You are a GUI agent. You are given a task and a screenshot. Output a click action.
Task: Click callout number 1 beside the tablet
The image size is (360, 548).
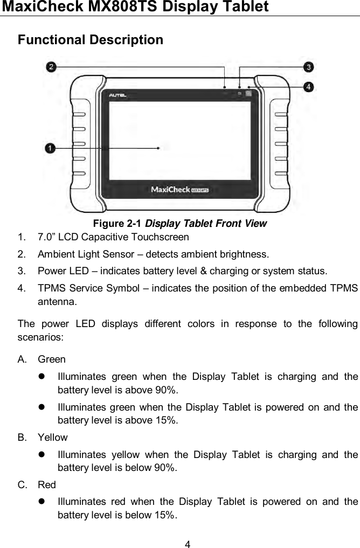point(50,147)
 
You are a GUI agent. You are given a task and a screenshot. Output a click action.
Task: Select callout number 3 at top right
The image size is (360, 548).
point(308,67)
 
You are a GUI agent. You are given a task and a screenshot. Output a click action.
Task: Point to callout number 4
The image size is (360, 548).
point(308,86)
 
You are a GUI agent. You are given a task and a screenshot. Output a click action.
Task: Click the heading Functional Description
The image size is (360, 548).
point(91,40)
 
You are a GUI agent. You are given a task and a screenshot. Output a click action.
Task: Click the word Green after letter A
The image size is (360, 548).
point(52,359)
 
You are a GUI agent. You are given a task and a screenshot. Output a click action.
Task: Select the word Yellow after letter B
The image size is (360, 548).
point(53,438)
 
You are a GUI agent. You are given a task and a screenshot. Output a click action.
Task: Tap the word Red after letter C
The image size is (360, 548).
point(47,485)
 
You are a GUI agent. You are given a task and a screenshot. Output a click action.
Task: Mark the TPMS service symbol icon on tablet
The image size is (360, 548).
point(248,94)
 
